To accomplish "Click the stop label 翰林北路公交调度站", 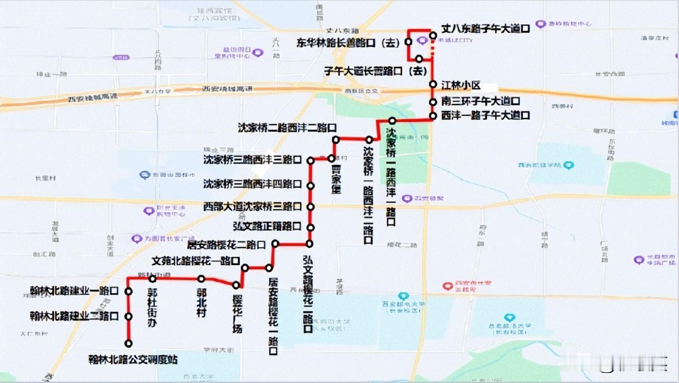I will pyautogui.click(x=133, y=360).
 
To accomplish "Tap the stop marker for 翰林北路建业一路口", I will pyautogui.click(x=128, y=291).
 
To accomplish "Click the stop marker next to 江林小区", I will pyautogui.click(x=433, y=85).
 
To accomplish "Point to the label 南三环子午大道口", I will pyautogui.click(x=481, y=101).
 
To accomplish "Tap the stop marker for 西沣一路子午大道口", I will pyautogui.click(x=433, y=116).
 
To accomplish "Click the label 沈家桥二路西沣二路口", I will pyautogui.click(x=287, y=128).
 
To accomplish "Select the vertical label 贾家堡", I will pyautogui.click(x=336, y=180).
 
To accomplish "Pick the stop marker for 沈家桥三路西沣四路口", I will pyautogui.click(x=311, y=186).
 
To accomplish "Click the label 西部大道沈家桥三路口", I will pyautogui.click(x=253, y=206).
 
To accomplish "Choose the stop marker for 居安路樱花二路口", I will pyautogui.click(x=275, y=243).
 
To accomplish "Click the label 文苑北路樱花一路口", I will pyautogui.click(x=196, y=261).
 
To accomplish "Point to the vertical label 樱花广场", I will pyautogui.click(x=237, y=313).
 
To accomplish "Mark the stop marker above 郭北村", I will pyautogui.click(x=202, y=279).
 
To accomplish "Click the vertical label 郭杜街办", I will pyautogui.click(x=153, y=307).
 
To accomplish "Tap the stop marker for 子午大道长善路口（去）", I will pyautogui.click(x=419, y=59).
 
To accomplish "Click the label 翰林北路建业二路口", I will pyautogui.click(x=74, y=317).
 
